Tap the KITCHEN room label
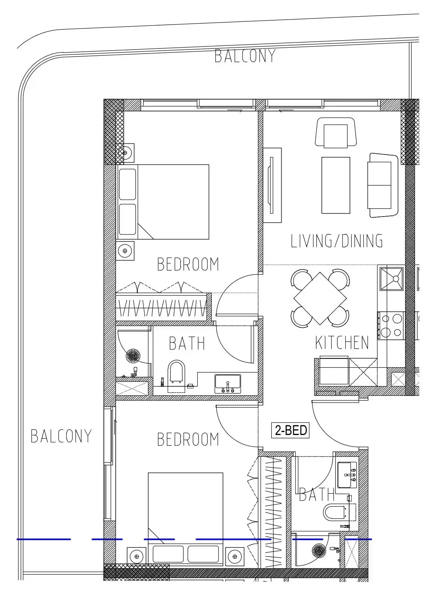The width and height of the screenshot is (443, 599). (342, 343)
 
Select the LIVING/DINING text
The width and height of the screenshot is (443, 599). (336, 241)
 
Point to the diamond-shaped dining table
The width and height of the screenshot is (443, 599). (320, 298)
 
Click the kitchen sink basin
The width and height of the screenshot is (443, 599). (391, 279)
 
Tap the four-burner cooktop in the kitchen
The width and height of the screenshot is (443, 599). (390, 326)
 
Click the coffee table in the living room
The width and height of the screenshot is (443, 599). (336, 185)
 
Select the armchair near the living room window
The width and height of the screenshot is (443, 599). (336, 133)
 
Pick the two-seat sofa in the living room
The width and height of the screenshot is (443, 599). (382, 185)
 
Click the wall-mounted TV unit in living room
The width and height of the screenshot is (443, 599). (272, 185)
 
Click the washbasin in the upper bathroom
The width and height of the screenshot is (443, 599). (228, 384)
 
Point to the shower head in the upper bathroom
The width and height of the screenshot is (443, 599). (133, 356)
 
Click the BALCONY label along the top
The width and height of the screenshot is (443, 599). (245, 56)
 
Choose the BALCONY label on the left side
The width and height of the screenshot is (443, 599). (61, 436)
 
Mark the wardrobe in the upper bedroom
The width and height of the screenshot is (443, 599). (163, 307)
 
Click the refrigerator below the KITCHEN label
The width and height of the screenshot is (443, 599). (334, 371)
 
